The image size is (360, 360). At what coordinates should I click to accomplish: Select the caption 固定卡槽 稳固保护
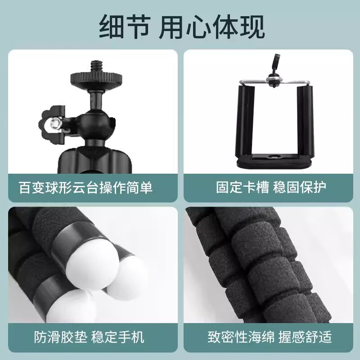coord(271,187)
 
